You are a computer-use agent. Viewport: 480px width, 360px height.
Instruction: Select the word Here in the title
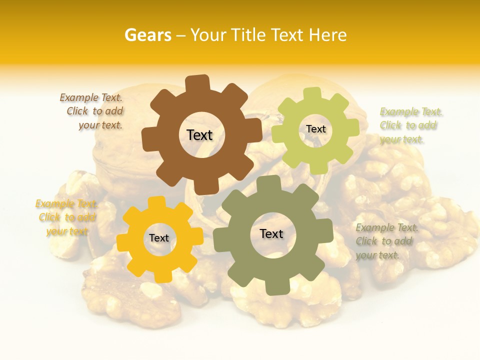pyautogui.click(x=327, y=35)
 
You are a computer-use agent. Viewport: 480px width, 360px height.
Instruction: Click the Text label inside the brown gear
pyautogui.click(x=199, y=135)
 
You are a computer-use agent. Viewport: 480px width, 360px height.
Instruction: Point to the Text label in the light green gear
pyautogui.click(x=315, y=129)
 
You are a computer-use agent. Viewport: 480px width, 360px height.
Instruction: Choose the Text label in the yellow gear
pyautogui.click(x=159, y=238)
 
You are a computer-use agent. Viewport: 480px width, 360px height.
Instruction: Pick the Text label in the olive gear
pyautogui.click(x=271, y=233)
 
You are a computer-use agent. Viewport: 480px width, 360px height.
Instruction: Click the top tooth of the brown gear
pyautogui.click(x=197, y=83)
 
